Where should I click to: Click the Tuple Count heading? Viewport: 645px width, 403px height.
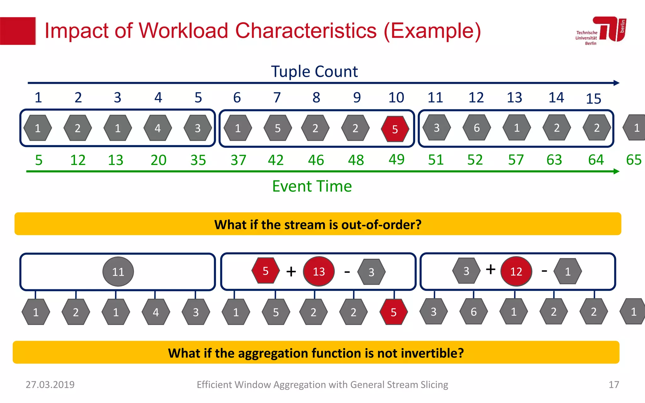click(x=314, y=71)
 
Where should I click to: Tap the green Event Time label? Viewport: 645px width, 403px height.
click(x=312, y=186)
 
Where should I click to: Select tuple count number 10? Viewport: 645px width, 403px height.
click(x=396, y=98)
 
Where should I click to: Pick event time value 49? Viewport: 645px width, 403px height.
click(x=396, y=159)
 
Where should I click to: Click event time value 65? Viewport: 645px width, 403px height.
click(x=633, y=160)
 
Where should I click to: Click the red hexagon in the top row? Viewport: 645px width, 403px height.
click(x=395, y=129)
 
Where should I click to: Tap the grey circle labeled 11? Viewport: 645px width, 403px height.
click(x=118, y=271)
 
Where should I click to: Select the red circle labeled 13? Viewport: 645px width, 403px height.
click(x=319, y=271)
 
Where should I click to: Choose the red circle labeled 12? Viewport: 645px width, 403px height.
click(x=516, y=271)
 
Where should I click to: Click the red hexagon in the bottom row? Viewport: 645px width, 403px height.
click(x=393, y=312)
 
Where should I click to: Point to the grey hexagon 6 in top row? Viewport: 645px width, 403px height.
click(x=477, y=128)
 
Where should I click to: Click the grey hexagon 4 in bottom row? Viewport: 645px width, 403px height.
click(x=156, y=312)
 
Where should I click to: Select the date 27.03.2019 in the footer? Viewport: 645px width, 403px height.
click(x=50, y=384)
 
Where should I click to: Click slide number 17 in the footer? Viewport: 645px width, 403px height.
click(x=614, y=384)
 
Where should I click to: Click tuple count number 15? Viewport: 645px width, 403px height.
click(x=593, y=99)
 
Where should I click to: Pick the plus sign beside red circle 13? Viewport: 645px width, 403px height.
click(x=291, y=271)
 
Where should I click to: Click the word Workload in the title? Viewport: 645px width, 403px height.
click(x=183, y=31)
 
